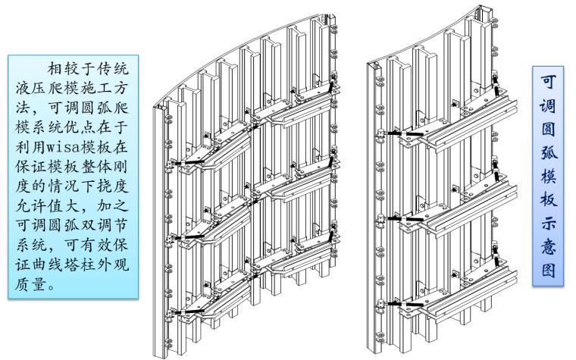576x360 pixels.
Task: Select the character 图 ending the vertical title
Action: coord(548,270)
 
